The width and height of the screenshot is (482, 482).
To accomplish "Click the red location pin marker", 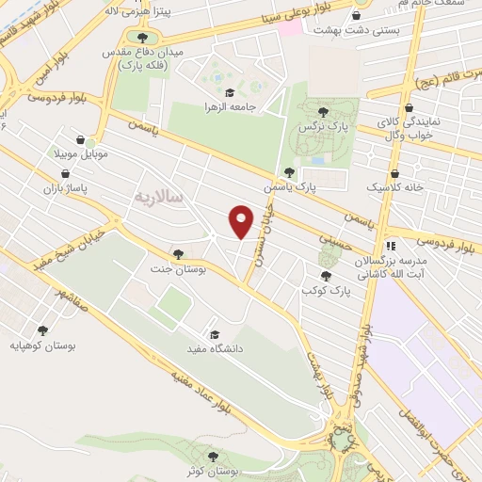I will tap(242, 221).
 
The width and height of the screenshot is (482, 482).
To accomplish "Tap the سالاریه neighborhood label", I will tap(156, 199).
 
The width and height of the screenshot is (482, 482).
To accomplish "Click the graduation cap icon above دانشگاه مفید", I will tap(215, 333).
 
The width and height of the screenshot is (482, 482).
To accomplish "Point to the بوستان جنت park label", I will tap(178, 268).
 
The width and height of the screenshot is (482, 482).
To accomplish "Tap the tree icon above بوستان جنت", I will tap(178, 253).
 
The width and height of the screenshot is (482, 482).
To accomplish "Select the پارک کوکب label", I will tap(327, 291).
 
